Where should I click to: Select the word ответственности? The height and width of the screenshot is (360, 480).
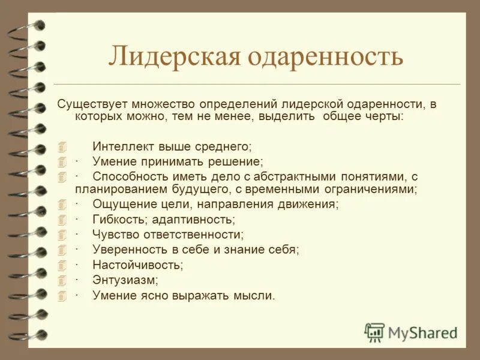[195, 235]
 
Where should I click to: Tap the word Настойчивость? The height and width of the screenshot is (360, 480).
[137, 265]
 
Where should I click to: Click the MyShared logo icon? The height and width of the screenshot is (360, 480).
[375, 332]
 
